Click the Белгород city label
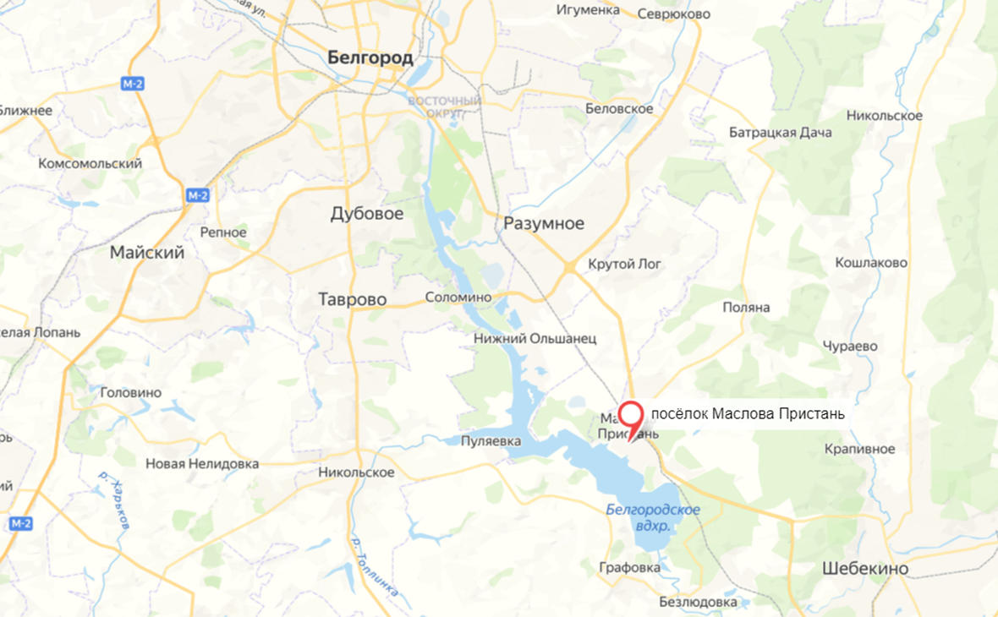pos(370,57)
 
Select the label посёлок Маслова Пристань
pos(748,414)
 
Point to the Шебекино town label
pos(865,569)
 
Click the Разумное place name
pos(544,223)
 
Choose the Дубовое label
pos(366,214)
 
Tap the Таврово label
pos(352,299)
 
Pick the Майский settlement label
pos(147,252)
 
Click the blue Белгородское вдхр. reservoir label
pos(653,517)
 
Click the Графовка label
pos(629,568)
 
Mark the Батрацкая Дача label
pos(781,133)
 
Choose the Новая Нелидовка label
pos(202,463)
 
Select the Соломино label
pos(458,298)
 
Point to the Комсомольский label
pos(90,163)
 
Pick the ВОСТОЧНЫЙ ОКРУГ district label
pos(445,106)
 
